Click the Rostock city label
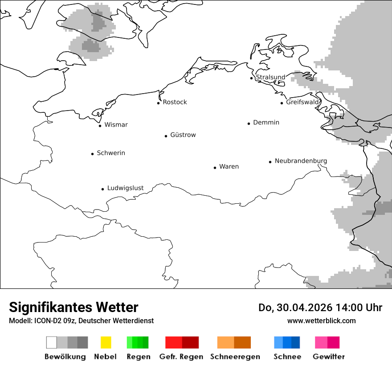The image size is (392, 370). (175, 102)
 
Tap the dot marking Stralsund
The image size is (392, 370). (252, 78)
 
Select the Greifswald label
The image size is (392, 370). (302, 102)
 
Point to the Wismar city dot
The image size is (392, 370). (100, 126)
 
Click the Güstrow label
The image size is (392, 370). (183, 135)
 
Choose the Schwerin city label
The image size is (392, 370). (111, 153)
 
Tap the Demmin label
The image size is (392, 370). (266, 122)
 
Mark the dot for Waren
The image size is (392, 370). (215, 168)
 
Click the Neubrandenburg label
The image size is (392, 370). (301, 161)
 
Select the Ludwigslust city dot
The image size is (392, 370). (103, 189)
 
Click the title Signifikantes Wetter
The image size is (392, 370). (73, 307)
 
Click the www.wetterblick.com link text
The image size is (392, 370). (321, 321)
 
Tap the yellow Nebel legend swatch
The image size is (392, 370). (106, 342)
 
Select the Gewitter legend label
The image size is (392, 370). (328, 357)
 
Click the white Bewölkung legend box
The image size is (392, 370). (52, 342)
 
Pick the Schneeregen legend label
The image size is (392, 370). (235, 357)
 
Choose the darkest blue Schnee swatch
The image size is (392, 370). (296, 342)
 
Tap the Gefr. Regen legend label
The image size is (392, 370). (181, 357)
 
